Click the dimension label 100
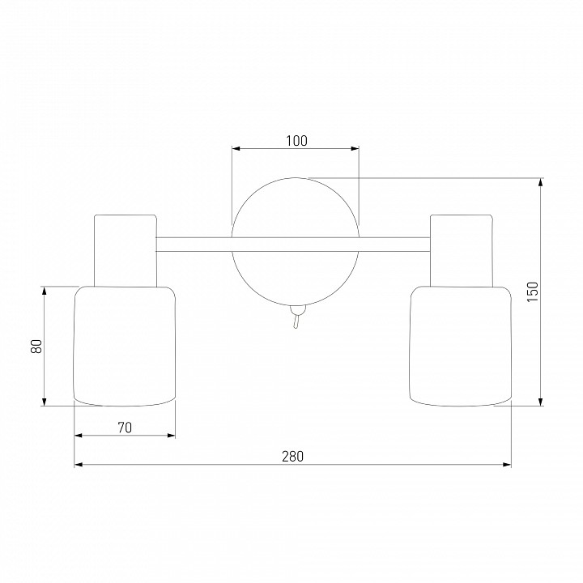pyautogui.click(x=296, y=141)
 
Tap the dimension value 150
pyautogui.click(x=533, y=291)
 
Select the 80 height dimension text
pyautogui.click(x=36, y=347)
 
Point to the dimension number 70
pyautogui.click(x=125, y=428)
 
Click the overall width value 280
pyautogui.click(x=292, y=456)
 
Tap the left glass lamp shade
pyautogui.click(x=125, y=346)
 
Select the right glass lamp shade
pyautogui.click(x=461, y=346)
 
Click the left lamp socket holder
pyautogui.click(x=126, y=250)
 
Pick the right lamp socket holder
pyautogui.click(x=462, y=250)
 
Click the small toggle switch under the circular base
pyautogui.click(x=296, y=316)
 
